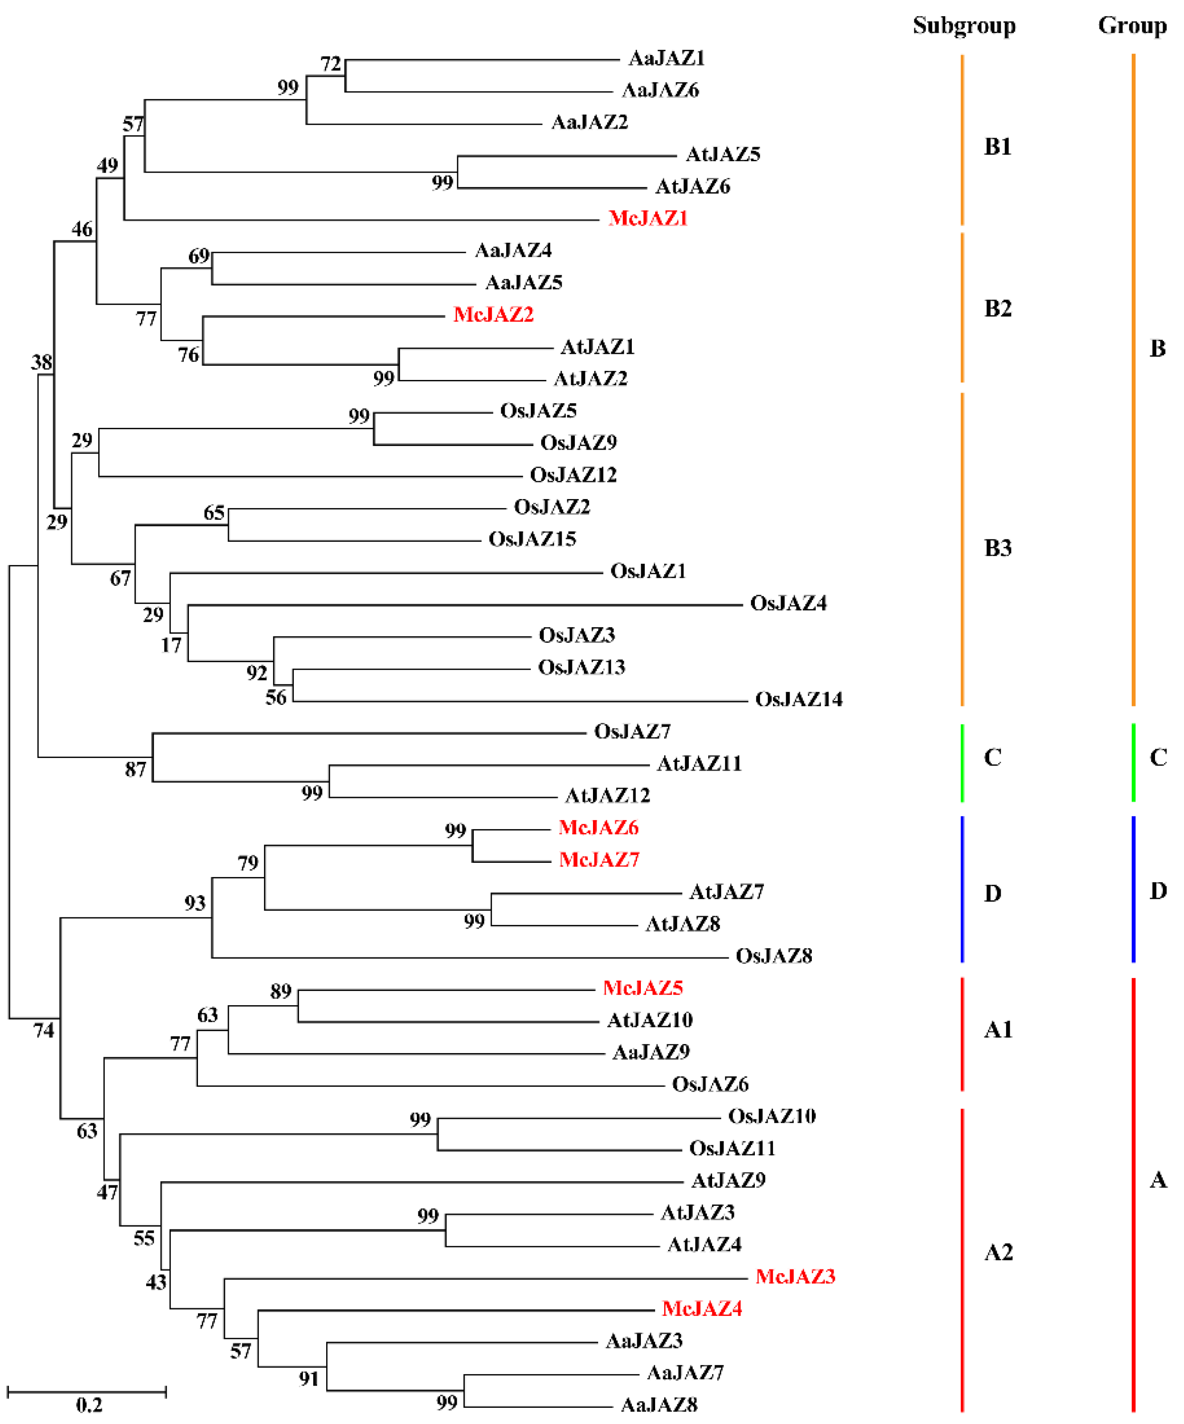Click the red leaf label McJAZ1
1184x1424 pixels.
(648, 218)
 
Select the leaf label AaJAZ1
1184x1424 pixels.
(667, 58)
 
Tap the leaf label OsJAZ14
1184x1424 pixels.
(799, 699)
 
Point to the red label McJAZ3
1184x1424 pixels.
(795, 1277)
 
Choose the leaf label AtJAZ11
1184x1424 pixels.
(699, 764)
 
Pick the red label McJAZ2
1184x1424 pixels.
(493, 314)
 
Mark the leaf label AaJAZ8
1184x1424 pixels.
(659, 1405)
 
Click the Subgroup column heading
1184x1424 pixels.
(964, 26)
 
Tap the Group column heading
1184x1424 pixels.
(1132, 26)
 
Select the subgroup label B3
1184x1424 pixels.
(997, 548)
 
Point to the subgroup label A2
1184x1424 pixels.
(998, 1252)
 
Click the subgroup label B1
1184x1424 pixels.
(997, 147)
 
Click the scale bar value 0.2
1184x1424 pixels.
(89, 1405)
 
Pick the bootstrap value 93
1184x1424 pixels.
(195, 903)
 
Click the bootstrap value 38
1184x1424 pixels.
(41, 362)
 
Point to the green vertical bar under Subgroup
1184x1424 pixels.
(962, 763)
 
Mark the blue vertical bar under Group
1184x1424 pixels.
(1133, 889)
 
